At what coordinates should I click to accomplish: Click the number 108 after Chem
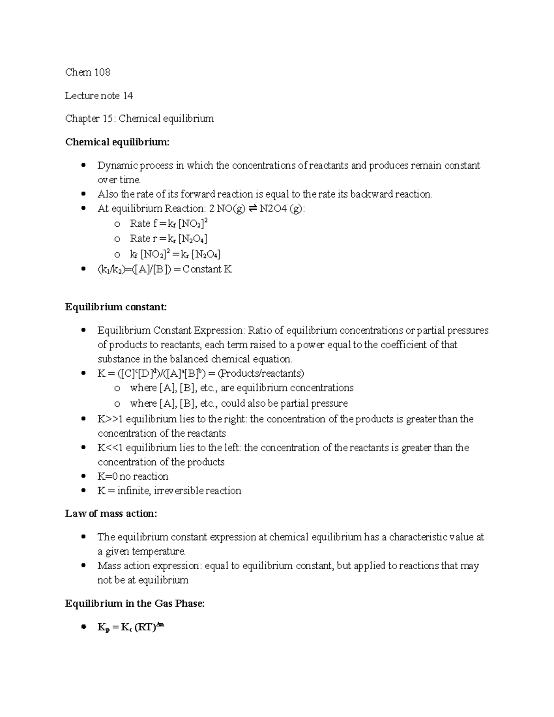[102, 72]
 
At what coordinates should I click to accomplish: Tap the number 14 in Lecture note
[127, 96]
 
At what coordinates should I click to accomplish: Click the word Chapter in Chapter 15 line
[82, 119]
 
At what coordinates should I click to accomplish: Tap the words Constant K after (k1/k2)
[207, 269]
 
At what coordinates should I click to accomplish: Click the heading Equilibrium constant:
[116, 307]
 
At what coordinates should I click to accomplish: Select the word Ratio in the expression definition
[259, 331]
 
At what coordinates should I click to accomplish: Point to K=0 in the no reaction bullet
[108, 476]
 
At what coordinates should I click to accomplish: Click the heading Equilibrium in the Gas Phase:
[135, 603]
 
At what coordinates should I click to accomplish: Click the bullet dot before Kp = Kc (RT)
[84, 627]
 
